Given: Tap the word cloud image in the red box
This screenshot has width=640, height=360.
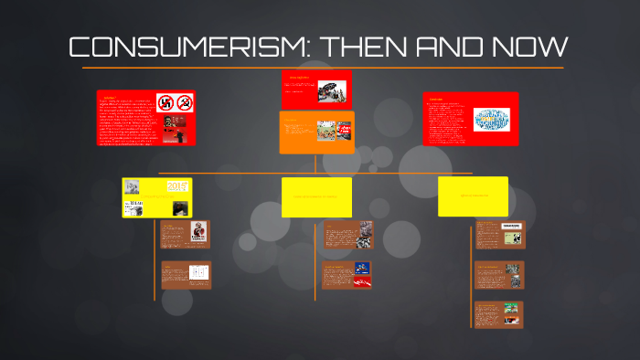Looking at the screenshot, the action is click(493, 121).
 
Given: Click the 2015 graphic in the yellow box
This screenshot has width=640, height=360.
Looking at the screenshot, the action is click(176, 185).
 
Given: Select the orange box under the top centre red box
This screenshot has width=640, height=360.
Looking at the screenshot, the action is click(316, 132).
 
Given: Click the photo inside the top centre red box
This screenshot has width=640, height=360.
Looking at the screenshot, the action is click(332, 91).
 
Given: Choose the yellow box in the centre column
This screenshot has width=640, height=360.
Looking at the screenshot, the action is click(316, 196).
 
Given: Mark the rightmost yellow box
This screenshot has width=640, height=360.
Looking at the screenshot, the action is click(473, 196).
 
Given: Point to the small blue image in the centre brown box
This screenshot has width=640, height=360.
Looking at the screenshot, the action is click(362, 269).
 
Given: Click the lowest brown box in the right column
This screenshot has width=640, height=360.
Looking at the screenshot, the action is click(497, 314).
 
